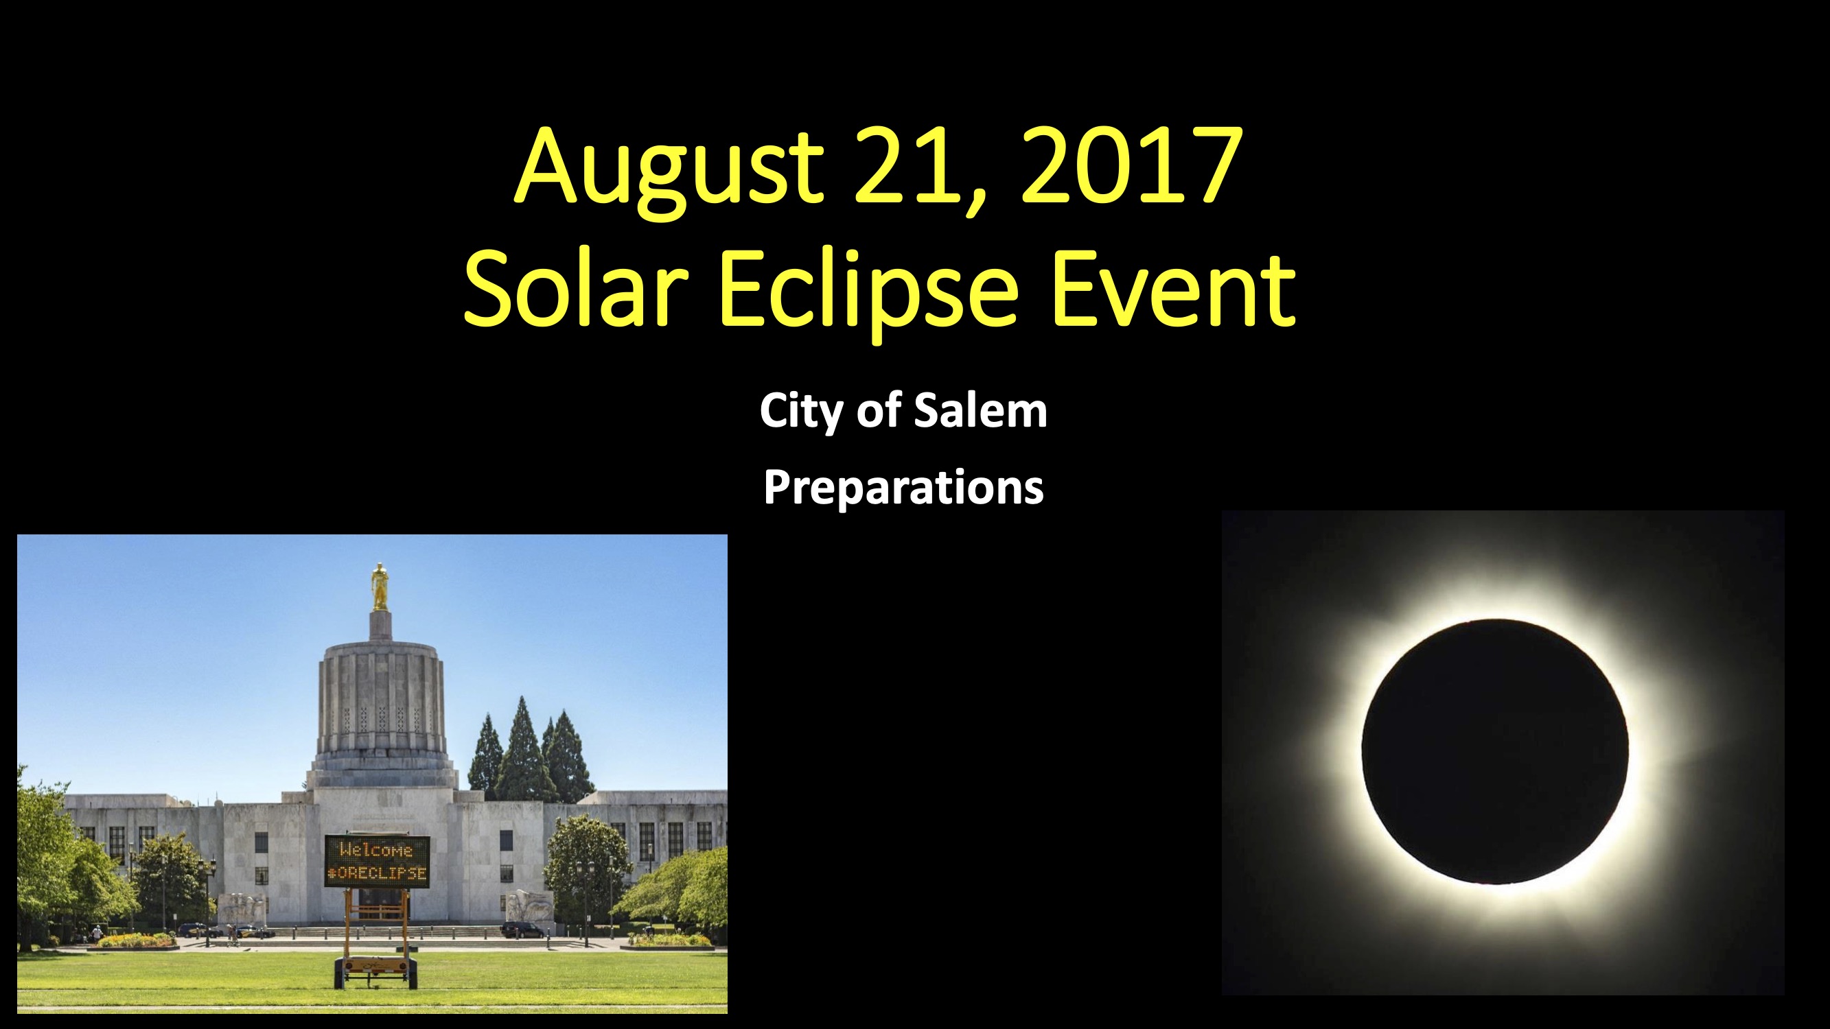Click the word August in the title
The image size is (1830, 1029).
(669, 171)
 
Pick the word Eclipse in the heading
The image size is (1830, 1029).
(870, 294)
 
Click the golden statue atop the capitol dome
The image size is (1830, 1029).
(380, 587)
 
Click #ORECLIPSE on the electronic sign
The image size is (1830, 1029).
(378, 873)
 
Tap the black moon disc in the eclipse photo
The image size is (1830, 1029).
(1495, 751)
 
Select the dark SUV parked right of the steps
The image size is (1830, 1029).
(522, 930)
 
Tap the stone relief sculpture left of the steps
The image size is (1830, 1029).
(242, 908)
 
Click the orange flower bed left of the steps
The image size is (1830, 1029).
(135, 941)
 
